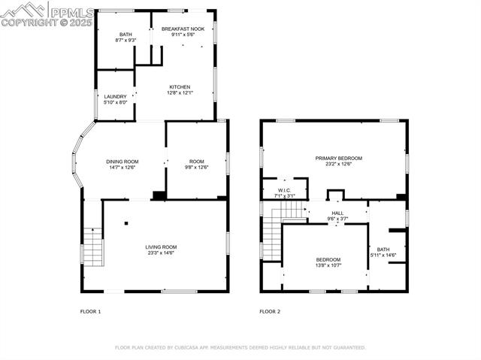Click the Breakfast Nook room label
click(x=183, y=29)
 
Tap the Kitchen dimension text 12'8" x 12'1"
click(x=180, y=92)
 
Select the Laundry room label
click(x=115, y=97)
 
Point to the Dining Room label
click(x=122, y=162)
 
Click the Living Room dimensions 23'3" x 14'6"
click(x=161, y=253)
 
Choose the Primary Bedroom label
click(x=339, y=159)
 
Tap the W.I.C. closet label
click(x=284, y=190)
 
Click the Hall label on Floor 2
click(x=337, y=213)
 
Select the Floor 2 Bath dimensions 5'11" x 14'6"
click(x=383, y=255)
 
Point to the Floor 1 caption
click(x=90, y=312)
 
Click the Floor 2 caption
click(x=270, y=312)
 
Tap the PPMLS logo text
click(x=72, y=13)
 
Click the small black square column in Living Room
click(x=126, y=223)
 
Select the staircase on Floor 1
click(x=93, y=247)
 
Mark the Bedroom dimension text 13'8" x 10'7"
click(x=328, y=265)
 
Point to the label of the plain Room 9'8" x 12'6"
click(x=197, y=162)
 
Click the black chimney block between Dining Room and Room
click(x=159, y=195)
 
